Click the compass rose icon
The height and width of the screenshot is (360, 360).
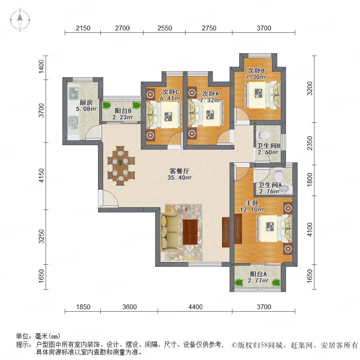coord(20,20)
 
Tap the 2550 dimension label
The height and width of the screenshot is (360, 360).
coord(165,28)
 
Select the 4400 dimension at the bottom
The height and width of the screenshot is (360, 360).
coord(195,307)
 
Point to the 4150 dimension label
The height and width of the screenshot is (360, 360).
coord(41,176)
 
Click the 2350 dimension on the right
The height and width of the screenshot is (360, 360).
coord(310,143)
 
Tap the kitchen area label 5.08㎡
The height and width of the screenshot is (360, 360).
coord(86,108)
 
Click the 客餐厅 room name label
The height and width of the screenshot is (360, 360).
coord(179,171)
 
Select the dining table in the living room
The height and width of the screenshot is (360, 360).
coord(120,166)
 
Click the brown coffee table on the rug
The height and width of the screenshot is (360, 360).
coord(190,232)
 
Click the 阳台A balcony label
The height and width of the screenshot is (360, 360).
coord(258,274)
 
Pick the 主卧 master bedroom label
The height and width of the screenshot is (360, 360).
coord(252,203)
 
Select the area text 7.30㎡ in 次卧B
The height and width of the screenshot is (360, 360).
coord(256,77)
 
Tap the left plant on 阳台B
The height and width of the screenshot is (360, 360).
coord(106,105)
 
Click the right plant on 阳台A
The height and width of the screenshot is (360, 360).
coord(276,282)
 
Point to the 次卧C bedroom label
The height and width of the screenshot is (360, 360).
coord(170,92)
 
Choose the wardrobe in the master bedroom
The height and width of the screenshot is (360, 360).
coord(238,229)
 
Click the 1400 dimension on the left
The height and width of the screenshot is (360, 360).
coord(41,66)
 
